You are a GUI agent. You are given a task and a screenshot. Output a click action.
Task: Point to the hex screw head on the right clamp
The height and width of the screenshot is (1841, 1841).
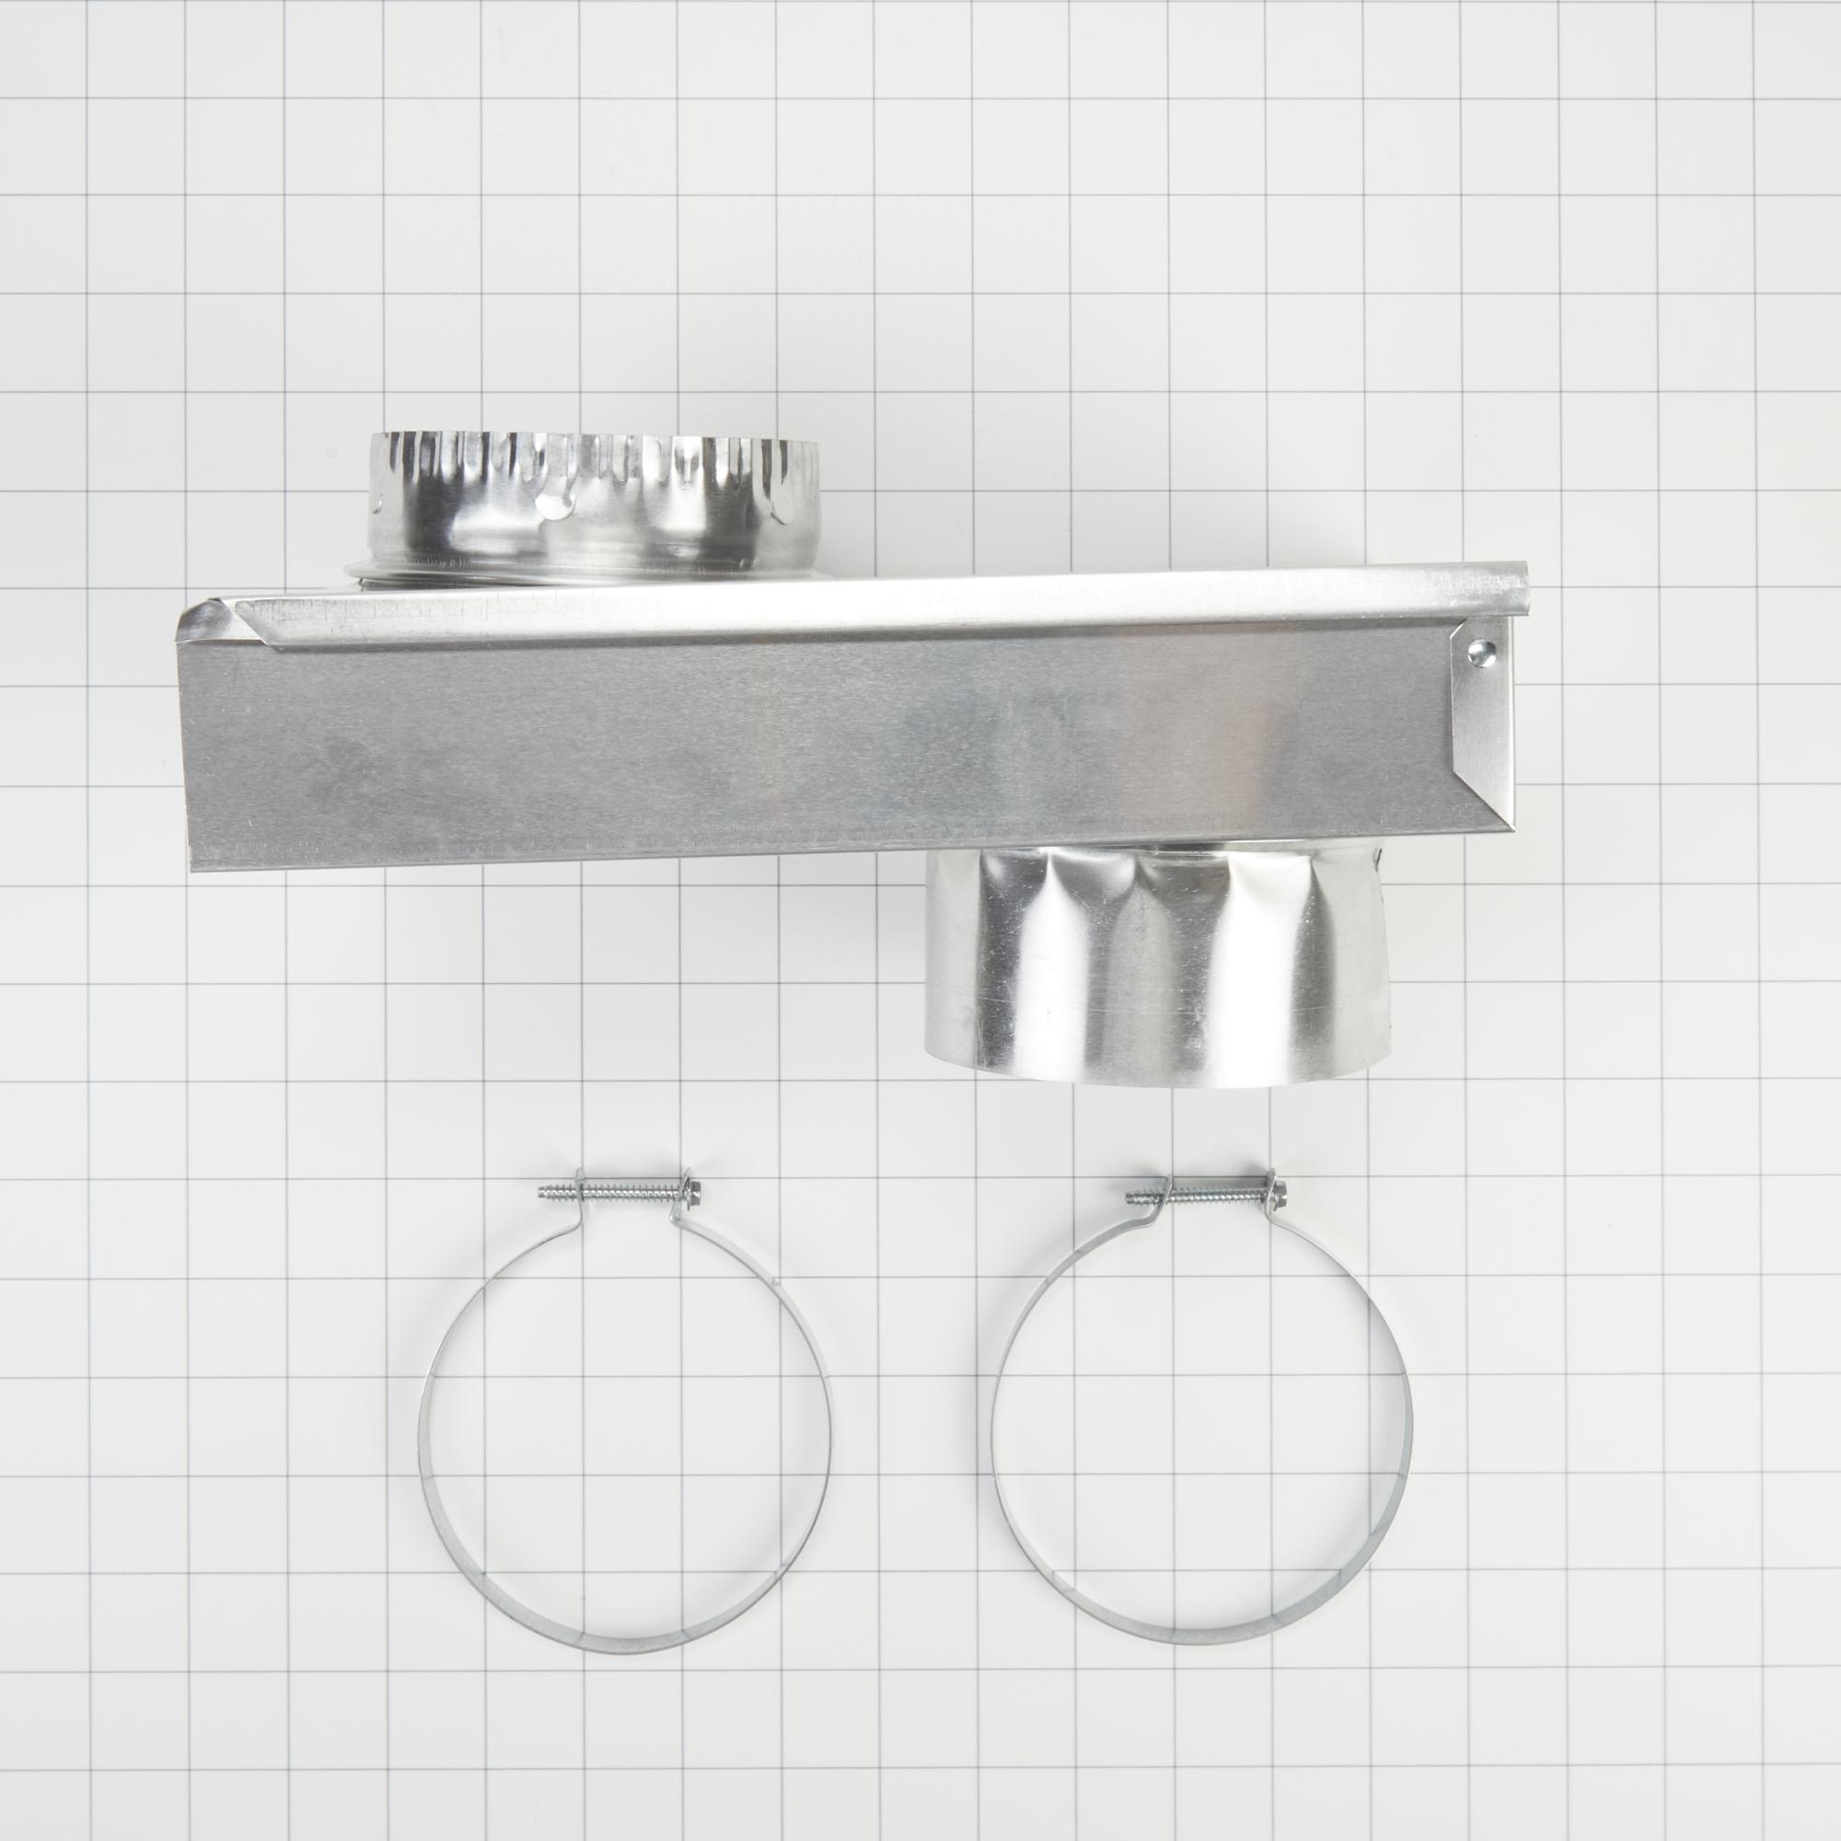pyautogui.click(x=1276, y=1187)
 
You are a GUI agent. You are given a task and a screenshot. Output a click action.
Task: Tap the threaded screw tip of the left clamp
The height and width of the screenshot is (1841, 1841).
pyautogui.click(x=546, y=1188)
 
